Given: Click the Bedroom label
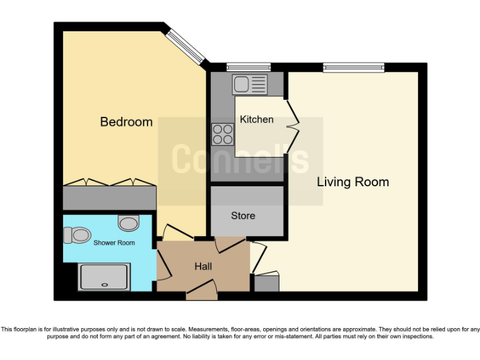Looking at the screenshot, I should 126,122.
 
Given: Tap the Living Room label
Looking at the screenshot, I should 352,182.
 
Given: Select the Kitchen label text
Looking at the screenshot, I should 257,119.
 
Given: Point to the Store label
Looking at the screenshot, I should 243,216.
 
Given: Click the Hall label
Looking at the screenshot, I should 203,266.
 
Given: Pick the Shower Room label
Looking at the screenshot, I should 114,242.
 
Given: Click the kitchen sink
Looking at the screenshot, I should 249,84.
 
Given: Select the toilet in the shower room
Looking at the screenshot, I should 77,235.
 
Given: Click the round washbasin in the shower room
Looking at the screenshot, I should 129,222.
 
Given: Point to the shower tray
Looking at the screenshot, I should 104,276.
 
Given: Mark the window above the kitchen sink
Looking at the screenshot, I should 248,67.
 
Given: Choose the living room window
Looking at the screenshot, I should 354,67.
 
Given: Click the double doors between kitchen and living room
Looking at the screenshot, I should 291,126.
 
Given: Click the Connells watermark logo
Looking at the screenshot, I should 240,160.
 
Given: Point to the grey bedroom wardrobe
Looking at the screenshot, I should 109,197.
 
